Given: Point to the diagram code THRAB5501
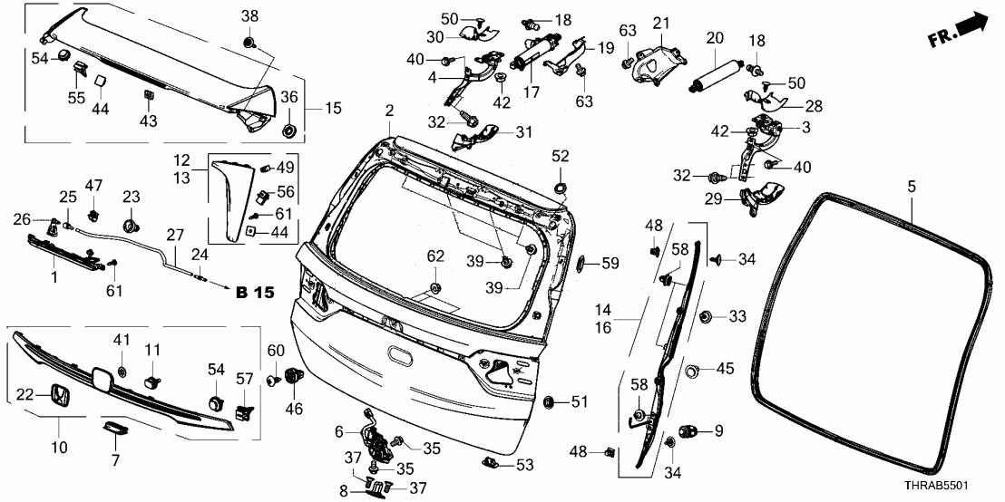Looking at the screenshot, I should [956, 487].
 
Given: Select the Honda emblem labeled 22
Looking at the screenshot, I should [58, 396].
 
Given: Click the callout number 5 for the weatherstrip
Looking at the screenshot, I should [911, 186].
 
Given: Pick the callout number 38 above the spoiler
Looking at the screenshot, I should [249, 17].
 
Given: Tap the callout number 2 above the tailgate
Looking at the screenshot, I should [389, 111].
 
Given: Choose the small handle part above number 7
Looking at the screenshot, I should [115, 427].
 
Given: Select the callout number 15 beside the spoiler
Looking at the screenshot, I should [334, 109].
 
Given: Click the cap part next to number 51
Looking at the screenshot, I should [548, 401].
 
